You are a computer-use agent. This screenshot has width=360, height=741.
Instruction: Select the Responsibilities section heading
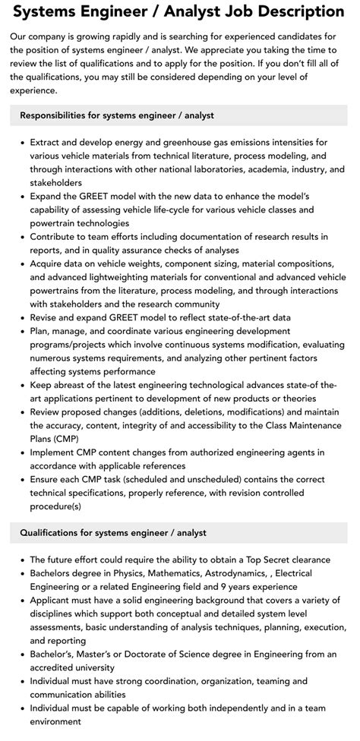[117, 115]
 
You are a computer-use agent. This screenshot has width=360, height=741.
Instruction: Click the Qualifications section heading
[113, 533]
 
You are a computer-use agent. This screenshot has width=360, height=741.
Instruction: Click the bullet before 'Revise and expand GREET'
[21, 318]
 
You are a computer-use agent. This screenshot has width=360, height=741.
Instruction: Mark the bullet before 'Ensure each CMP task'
[21, 481]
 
